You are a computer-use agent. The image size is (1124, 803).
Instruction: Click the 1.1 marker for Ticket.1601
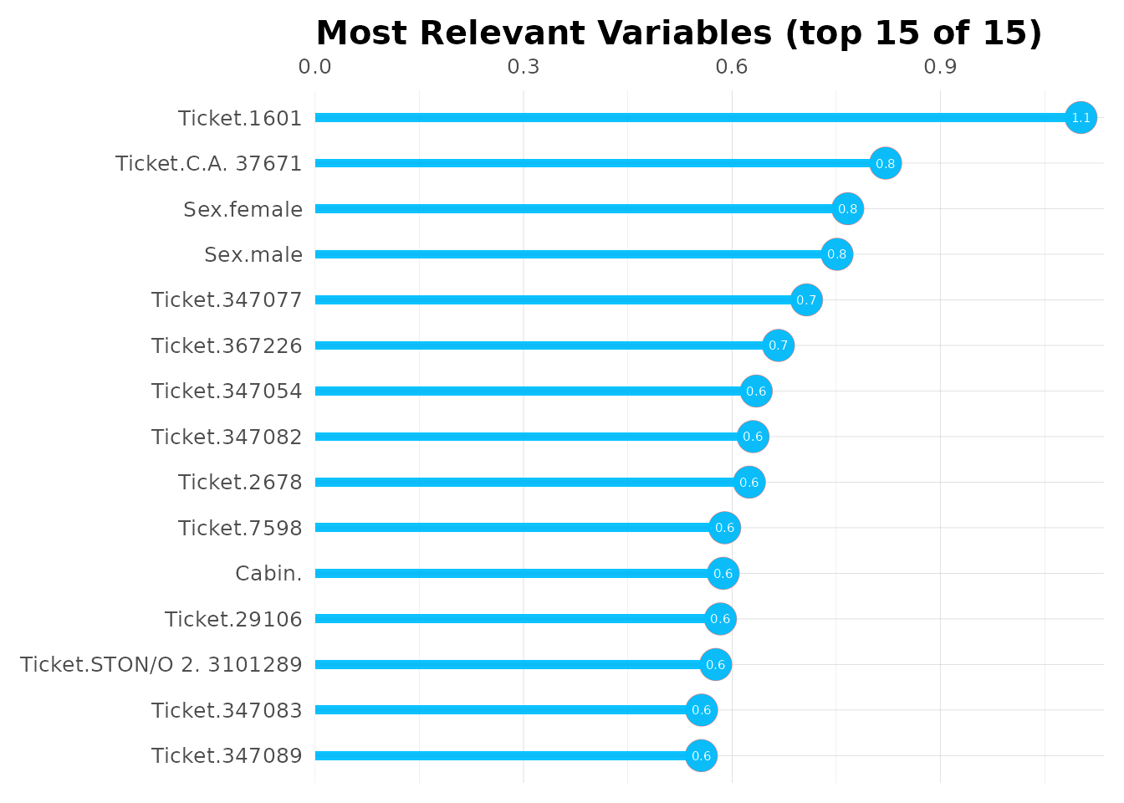[1081, 118]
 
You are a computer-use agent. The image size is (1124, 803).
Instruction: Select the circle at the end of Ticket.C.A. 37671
[885, 163]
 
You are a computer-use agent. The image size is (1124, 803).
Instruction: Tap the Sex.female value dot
[847, 209]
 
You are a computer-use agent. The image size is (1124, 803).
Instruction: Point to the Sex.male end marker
[836, 254]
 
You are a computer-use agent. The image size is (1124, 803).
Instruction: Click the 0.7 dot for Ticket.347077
[806, 300]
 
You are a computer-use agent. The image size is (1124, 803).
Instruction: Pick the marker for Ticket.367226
[778, 345]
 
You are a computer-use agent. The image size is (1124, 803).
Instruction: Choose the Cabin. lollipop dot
[723, 574]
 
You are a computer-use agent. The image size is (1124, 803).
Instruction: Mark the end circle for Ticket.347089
[701, 756]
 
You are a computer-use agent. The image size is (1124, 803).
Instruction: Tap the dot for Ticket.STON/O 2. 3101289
[715, 665]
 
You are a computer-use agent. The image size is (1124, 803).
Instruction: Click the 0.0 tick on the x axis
[314, 67]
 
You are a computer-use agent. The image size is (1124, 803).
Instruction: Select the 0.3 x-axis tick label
[524, 67]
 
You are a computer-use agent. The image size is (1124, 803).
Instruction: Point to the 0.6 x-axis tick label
[732, 67]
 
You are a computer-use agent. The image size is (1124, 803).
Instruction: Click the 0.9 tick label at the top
[940, 67]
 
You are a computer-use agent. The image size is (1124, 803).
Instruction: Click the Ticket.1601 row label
[239, 119]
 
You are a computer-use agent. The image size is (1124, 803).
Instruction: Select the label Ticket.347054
[227, 391]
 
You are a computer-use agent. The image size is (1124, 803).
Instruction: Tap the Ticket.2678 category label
[239, 483]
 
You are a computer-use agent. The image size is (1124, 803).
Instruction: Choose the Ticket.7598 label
[239, 529]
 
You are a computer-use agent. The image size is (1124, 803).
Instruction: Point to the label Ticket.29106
[232, 620]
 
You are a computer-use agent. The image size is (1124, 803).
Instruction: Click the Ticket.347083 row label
[227, 711]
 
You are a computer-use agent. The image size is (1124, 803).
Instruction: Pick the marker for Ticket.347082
[753, 437]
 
